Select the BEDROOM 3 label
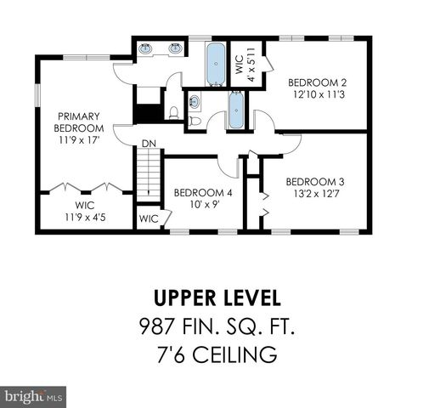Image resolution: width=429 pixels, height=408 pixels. pos(314,187)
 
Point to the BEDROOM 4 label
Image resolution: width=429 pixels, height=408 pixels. pos(203,198)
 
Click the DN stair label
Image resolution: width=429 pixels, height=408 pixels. pos(149,143)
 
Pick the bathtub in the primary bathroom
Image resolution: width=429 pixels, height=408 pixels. pos(217,62)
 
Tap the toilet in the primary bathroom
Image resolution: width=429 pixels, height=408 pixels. pos(173,110)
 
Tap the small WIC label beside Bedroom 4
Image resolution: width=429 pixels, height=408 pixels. pos(149,218)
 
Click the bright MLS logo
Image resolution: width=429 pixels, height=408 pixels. pos(34,396)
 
